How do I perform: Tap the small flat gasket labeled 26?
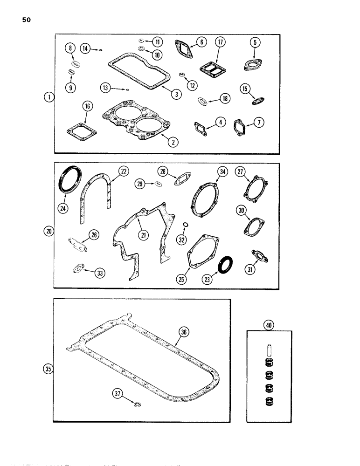(77, 245)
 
